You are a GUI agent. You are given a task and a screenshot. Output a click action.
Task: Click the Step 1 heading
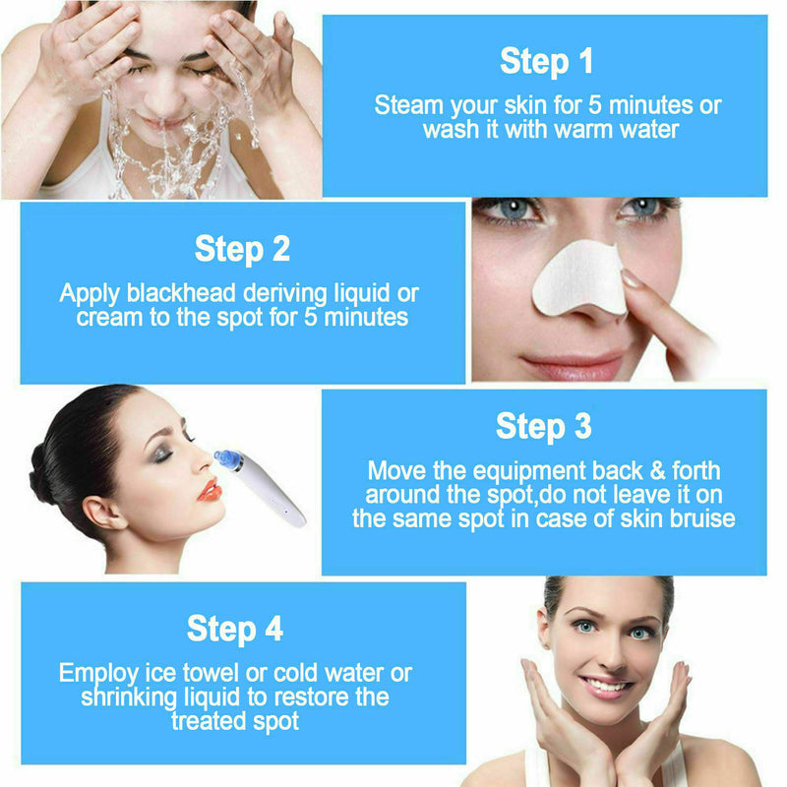pyautogui.click(x=547, y=61)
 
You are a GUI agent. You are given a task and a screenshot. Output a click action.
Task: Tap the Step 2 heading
pyautogui.click(x=242, y=249)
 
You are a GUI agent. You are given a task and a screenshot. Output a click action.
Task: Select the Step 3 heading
pyautogui.click(x=544, y=426)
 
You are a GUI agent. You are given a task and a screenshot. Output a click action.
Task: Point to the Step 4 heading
pyautogui.click(x=235, y=629)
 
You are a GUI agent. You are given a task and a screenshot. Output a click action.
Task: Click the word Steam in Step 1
pyautogui.click(x=408, y=105)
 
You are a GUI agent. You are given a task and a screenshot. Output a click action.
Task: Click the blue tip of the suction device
pyautogui.click(x=228, y=459)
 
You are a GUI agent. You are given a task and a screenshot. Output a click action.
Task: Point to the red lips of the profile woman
pyautogui.click(x=210, y=489)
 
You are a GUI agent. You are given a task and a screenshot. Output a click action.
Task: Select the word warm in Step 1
pyautogui.click(x=567, y=129)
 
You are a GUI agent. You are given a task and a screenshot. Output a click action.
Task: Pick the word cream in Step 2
pyautogui.click(x=108, y=317)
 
